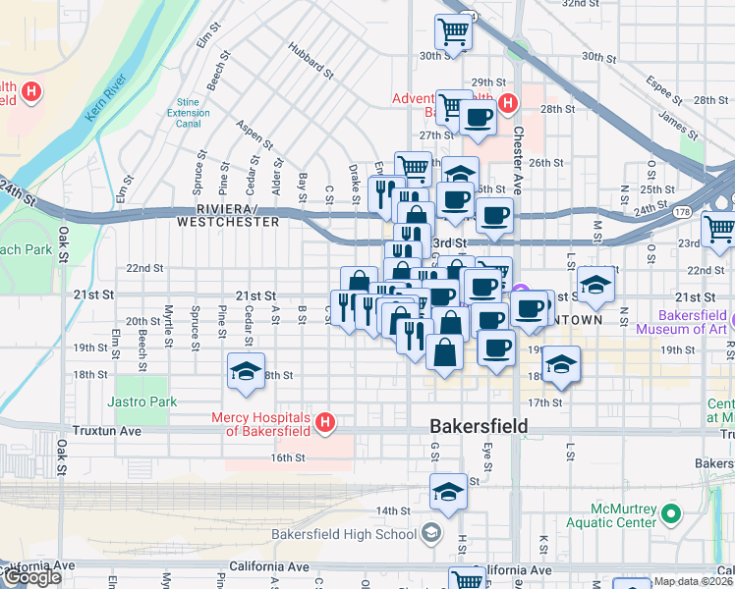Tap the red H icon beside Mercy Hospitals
tap(325, 423)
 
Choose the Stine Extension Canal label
tap(188, 113)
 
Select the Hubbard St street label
tap(311, 61)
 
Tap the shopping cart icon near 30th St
tap(453, 32)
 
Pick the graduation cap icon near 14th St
tap(448, 491)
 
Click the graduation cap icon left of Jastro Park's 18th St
tap(244, 371)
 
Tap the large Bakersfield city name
tap(480, 426)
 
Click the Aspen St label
tap(254, 137)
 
